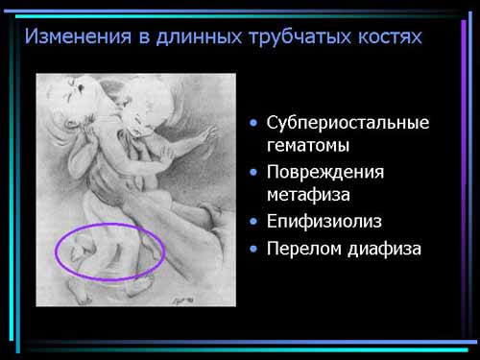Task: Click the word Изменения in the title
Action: coord(78,36)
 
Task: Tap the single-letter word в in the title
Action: coord(144,37)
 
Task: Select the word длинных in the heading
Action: coord(199,37)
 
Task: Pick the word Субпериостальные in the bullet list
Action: coord(348,123)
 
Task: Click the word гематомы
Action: coord(308,146)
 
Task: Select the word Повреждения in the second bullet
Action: coord(325,173)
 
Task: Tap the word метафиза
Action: coord(308,194)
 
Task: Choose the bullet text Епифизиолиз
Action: coord(324,221)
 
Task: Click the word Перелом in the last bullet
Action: coord(304,249)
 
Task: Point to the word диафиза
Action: coord(384,250)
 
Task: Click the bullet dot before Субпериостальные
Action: coord(253,123)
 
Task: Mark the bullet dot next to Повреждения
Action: coord(253,173)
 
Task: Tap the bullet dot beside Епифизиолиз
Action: coord(253,222)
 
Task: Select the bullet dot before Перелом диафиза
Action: coord(253,249)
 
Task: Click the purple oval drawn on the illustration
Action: coord(109,224)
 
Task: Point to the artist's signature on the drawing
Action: coord(183,300)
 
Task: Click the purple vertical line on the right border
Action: coord(464,180)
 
